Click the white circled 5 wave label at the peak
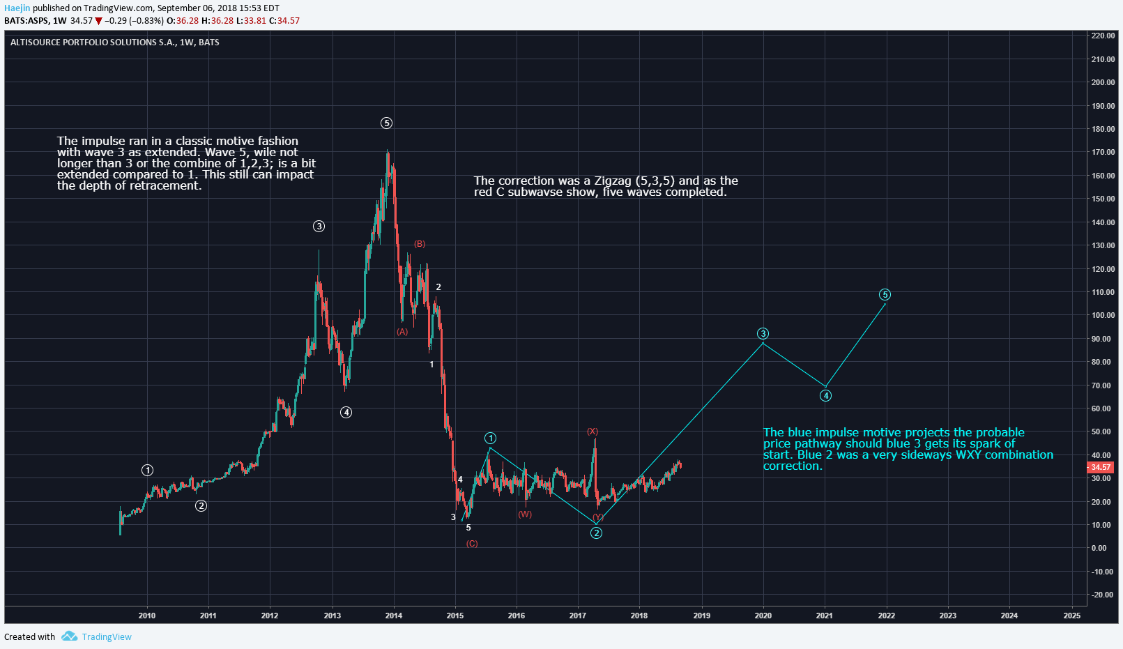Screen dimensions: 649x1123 point(386,123)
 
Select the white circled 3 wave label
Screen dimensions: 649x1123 point(319,227)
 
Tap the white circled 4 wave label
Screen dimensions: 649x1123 point(346,413)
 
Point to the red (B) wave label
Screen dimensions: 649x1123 point(420,244)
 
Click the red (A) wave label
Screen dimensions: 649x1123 point(402,332)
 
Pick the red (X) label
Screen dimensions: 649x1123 point(592,432)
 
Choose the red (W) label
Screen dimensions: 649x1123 point(525,514)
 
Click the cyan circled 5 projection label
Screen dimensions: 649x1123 point(885,295)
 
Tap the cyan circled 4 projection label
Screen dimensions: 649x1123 point(825,396)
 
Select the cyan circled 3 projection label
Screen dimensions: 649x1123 point(763,334)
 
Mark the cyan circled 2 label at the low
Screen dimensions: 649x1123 point(596,533)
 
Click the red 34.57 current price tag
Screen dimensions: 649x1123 point(1101,467)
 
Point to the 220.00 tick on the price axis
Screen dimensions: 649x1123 point(1103,36)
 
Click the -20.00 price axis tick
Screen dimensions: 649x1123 point(1102,595)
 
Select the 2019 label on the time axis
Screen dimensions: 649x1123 point(701,616)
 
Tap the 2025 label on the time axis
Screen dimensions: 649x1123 point(1072,616)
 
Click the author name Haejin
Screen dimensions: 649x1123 point(17,8)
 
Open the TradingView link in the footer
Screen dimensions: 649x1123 point(106,636)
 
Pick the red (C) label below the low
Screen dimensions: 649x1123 point(472,544)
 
